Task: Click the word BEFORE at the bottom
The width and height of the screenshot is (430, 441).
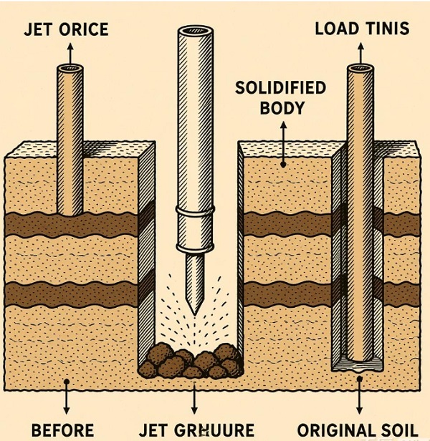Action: tap(62, 430)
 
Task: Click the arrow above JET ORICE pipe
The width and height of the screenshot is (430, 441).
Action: tap(70, 52)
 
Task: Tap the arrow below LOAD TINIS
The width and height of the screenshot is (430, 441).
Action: tap(356, 52)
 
